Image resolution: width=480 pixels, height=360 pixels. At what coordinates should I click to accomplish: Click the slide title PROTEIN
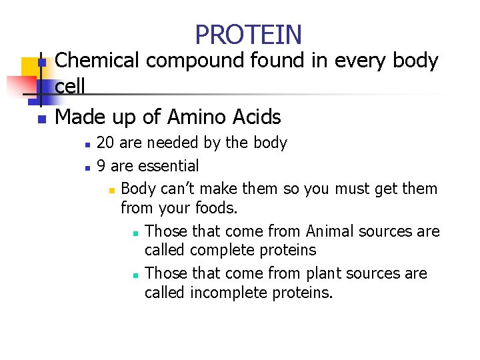click(248, 34)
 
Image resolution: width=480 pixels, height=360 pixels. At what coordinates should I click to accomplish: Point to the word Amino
click(196, 117)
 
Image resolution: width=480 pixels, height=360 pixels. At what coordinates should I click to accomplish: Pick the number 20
click(105, 143)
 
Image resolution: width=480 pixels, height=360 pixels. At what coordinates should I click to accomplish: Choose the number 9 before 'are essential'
click(101, 165)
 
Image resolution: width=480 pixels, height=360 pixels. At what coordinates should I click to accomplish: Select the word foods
click(216, 208)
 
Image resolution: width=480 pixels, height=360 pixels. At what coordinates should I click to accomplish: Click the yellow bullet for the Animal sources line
click(135, 233)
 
